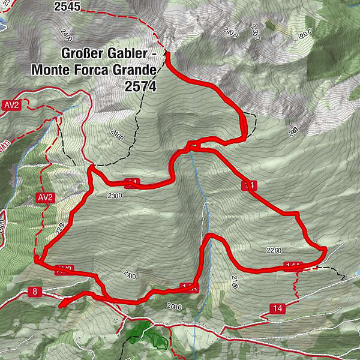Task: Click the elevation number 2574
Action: [x=141, y=86]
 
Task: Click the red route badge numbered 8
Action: [x=35, y=292]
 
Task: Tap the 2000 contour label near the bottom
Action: [x=174, y=307]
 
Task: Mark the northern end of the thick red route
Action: [x=167, y=55]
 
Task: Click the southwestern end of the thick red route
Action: [x=61, y=304]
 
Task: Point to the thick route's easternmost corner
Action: [x=325, y=248]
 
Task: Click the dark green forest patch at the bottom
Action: [x=143, y=329]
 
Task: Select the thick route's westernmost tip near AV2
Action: [x=37, y=260]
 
